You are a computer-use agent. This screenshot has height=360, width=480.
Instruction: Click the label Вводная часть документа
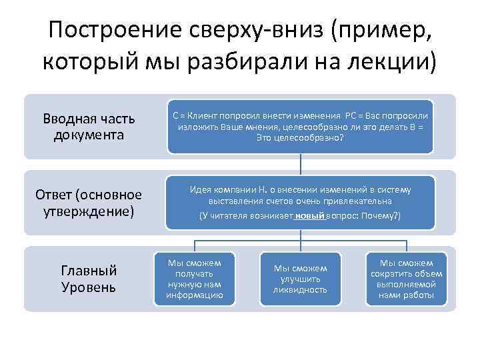pos(89,127)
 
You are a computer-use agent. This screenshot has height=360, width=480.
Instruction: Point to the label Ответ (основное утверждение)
pos(89,203)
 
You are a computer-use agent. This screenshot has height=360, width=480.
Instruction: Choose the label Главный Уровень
pos(89,279)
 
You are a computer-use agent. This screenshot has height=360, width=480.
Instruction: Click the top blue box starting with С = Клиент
pos(300,125)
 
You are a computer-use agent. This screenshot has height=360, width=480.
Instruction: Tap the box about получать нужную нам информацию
pos(195,279)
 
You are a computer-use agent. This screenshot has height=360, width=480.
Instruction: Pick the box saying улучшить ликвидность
pos(301,279)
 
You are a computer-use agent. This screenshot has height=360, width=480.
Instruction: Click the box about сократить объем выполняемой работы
pos(406,279)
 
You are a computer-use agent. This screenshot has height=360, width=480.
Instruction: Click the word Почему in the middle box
pos(379,216)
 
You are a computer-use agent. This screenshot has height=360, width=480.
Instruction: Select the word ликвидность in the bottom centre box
pos(301,290)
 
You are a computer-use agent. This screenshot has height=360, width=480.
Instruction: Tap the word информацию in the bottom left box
pos(195,295)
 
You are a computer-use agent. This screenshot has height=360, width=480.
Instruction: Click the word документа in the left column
pos(89,135)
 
